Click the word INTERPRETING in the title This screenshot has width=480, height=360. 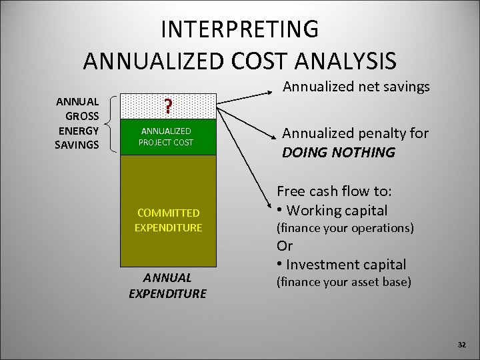pos(239,30)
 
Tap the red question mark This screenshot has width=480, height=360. pos(169,107)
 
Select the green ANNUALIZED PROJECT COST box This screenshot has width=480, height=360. pos(169,137)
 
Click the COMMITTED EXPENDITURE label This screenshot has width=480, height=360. pos(169,220)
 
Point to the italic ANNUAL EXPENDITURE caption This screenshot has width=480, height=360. pos(167,285)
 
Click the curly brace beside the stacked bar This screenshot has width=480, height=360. pos(111,124)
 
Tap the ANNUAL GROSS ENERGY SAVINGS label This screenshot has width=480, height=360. pos(77,123)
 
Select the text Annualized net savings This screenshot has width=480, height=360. pos(356,87)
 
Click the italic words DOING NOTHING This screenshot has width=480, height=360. pos(338,153)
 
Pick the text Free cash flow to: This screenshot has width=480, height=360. pos(334,191)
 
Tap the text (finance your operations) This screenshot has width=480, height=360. pos(345,228)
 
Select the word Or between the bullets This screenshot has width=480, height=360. pos(285,246)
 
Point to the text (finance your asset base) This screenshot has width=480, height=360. pos(344,282)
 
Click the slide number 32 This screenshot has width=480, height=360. pos(461,344)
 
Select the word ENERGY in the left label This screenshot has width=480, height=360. pos(77,130)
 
